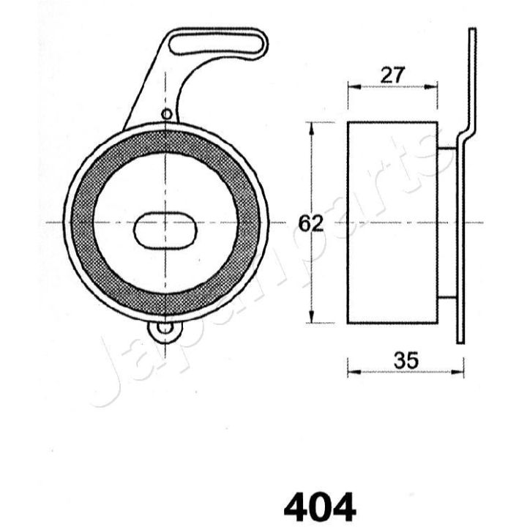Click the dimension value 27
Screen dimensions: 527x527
tap(392, 74)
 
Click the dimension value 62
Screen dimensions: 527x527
tap(311, 223)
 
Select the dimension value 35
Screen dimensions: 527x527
tap(405, 359)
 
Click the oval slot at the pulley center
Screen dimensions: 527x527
tap(165, 231)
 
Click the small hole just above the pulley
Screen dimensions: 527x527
tap(167, 113)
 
